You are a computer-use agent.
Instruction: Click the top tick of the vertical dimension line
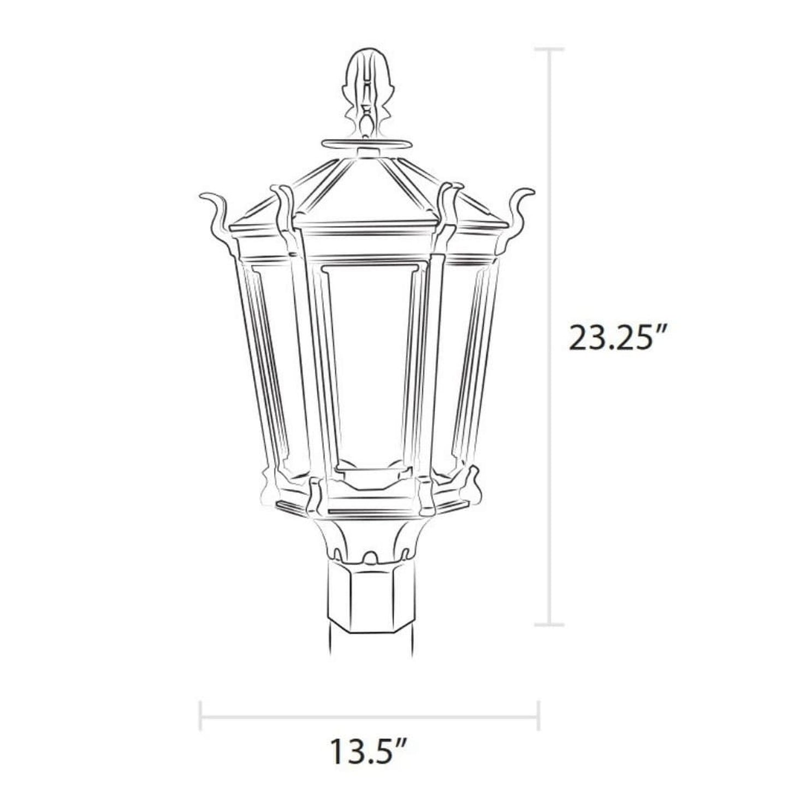[x=549, y=50]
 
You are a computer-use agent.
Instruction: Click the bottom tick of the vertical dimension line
[x=549, y=624]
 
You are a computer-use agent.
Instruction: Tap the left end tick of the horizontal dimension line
[x=201, y=715]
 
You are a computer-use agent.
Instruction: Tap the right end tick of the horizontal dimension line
[x=538, y=715]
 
